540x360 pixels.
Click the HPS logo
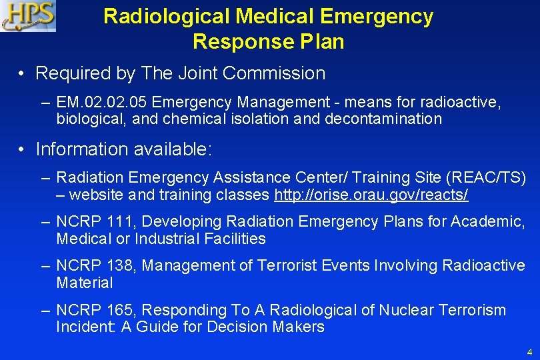point(28,16)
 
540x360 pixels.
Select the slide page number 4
point(529,351)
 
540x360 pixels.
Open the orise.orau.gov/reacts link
point(371,195)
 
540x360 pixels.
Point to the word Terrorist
point(287,265)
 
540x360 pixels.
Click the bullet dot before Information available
point(23,150)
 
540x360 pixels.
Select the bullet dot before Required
point(23,74)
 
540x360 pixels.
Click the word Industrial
point(165,239)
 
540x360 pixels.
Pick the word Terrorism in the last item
point(472,310)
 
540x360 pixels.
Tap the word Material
point(85,283)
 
